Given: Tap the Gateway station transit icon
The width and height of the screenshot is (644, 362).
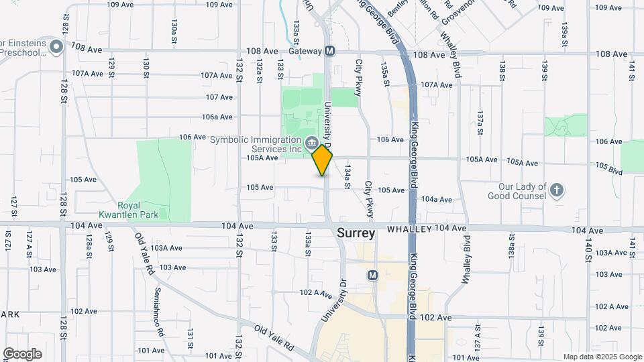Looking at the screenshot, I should (x=329, y=52).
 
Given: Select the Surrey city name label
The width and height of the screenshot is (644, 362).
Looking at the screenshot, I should (x=355, y=233).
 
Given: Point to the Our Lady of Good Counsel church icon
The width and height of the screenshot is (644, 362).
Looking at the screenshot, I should (x=556, y=191).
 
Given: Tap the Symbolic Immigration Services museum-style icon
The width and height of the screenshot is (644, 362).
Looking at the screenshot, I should (x=312, y=142).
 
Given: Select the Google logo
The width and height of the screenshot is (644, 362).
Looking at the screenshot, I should (x=22, y=354).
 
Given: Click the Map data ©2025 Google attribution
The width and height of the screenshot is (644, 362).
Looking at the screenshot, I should (x=602, y=357).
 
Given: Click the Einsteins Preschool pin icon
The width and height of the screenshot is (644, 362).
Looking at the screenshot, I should (x=56, y=47).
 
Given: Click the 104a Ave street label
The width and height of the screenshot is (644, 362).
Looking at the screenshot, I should (x=437, y=199).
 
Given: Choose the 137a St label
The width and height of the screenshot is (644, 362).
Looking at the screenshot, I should (x=480, y=127).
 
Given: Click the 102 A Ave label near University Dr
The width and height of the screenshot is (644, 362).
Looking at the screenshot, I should (x=316, y=293).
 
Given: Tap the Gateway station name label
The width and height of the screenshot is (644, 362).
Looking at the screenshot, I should (x=306, y=52).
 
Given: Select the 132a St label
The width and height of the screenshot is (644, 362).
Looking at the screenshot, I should (x=258, y=70).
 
